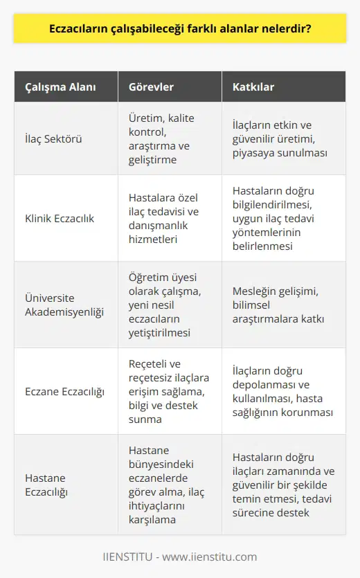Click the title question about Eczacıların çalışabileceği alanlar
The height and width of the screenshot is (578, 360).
point(180,30)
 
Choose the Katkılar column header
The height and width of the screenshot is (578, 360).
point(243,88)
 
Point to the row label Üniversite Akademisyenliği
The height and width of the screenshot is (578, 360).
point(61,305)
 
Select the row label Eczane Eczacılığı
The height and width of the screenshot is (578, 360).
point(65,391)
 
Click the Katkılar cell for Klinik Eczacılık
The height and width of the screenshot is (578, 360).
point(282,218)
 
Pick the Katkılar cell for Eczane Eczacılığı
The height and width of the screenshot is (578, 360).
point(282,391)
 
